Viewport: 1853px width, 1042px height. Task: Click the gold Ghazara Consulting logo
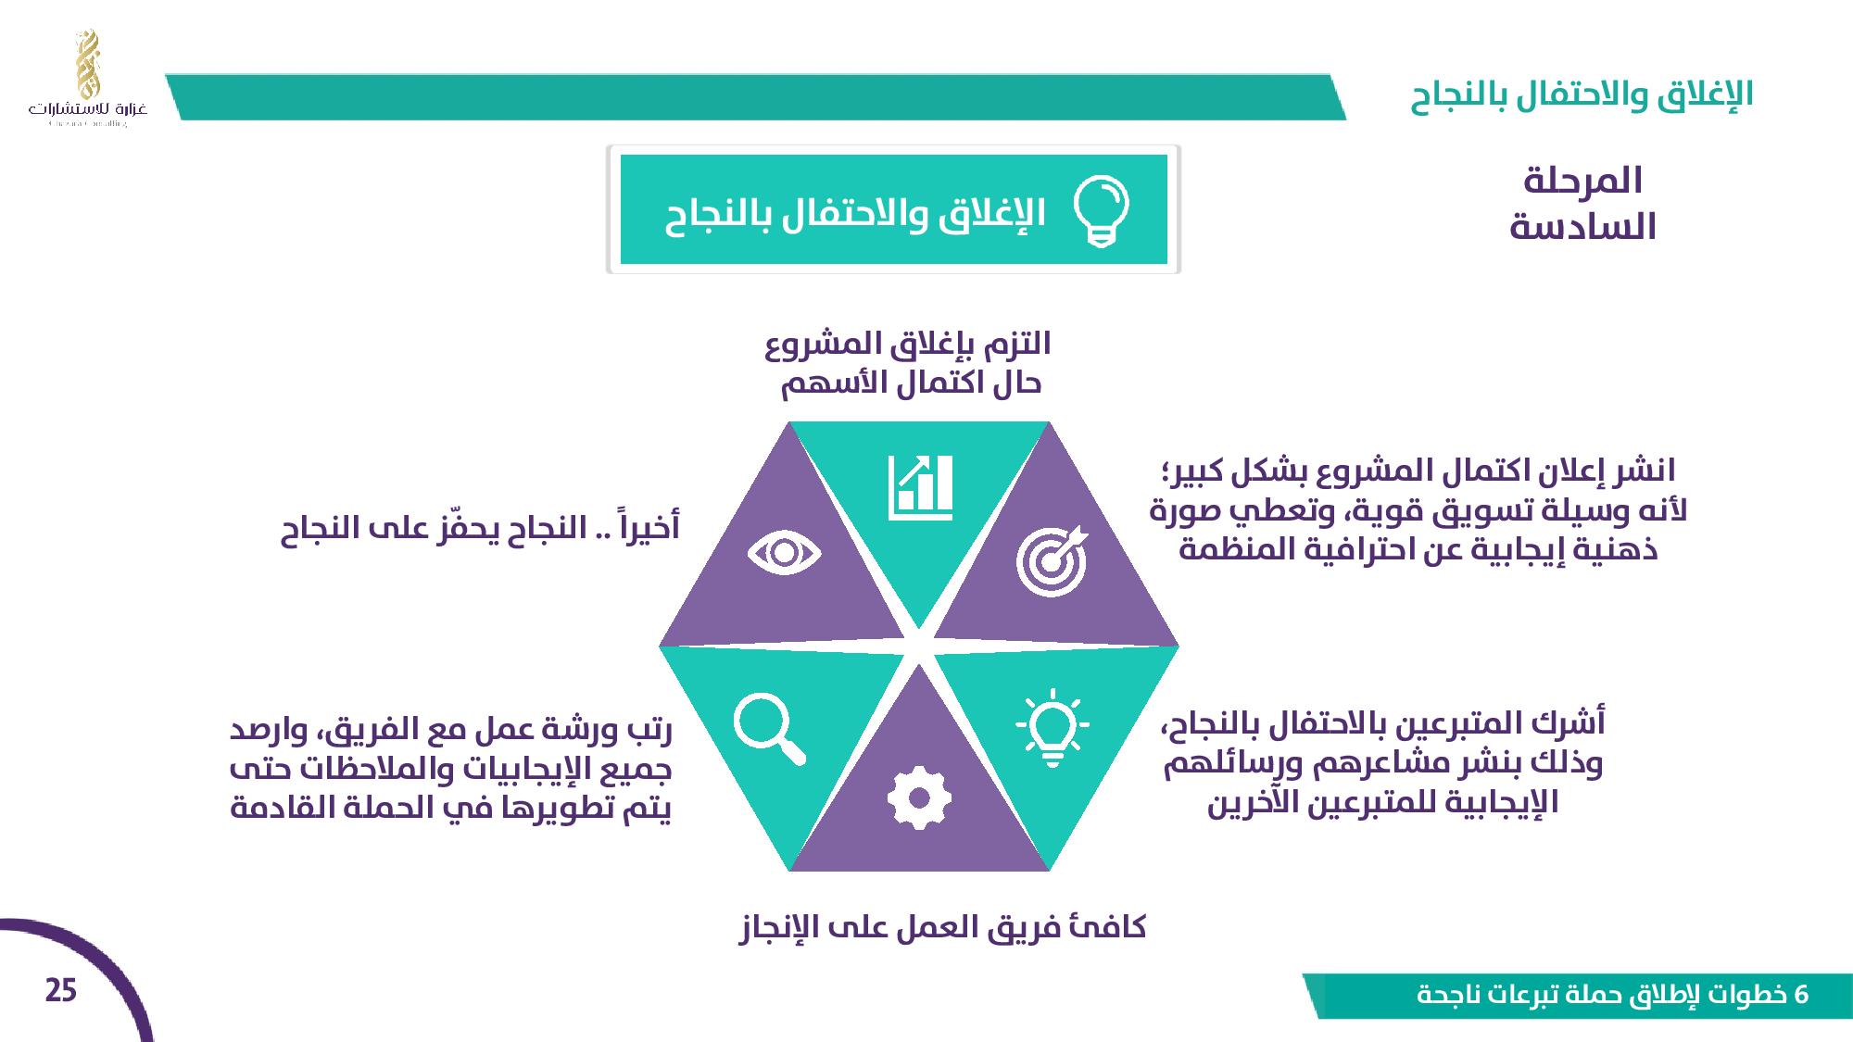pyautogui.click(x=87, y=78)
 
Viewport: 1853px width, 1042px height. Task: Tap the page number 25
pyautogui.click(x=61, y=991)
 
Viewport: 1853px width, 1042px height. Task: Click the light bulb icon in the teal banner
pyautogui.click(x=1101, y=211)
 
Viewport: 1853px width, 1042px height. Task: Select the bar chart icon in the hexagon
pyautogui.click(x=920, y=487)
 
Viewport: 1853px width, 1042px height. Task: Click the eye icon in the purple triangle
pyautogui.click(x=785, y=554)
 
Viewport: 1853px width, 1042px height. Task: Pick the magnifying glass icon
pyautogui.click(x=769, y=731)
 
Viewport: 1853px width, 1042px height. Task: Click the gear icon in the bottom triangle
pyautogui.click(x=918, y=797)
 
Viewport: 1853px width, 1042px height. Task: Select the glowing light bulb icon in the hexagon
pyautogui.click(x=1053, y=727)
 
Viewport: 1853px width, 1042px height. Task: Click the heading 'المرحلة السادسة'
pyautogui.click(x=1582, y=204)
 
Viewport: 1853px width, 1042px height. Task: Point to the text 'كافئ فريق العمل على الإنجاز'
pyautogui.click(x=942, y=927)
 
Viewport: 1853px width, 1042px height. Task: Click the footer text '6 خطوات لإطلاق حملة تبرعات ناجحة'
pyautogui.click(x=1613, y=996)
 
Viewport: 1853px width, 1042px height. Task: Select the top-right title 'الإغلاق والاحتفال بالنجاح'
pyautogui.click(x=1582, y=94)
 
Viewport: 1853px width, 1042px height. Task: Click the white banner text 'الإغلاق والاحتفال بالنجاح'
pyautogui.click(x=855, y=215)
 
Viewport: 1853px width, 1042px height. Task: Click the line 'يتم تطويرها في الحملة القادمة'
pyautogui.click(x=450, y=809)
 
